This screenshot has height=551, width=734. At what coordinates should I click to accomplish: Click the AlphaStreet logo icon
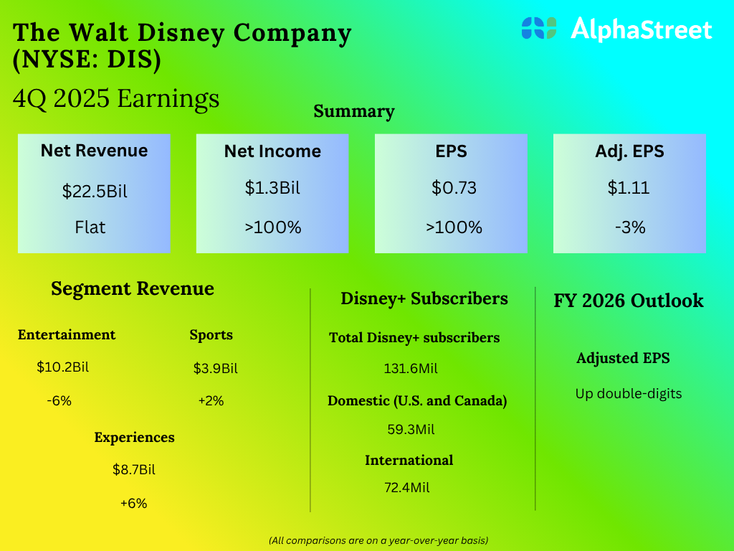click(539, 28)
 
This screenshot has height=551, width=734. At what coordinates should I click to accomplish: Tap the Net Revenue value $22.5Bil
click(94, 192)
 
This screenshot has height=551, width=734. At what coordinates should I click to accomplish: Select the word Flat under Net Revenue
click(90, 227)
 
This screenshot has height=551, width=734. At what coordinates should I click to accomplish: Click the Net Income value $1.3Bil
click(272, 188)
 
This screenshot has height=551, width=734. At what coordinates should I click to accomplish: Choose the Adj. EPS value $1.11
click(629, 188)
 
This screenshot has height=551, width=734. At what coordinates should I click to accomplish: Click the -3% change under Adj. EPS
click(629, 227)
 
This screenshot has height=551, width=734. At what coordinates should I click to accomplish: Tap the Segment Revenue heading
click(133, 288)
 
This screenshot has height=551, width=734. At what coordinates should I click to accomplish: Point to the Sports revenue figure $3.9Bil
click(215, 369)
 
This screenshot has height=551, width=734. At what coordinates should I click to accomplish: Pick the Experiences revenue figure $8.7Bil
click(134, 470)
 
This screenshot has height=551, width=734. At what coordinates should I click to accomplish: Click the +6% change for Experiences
click(133, 504)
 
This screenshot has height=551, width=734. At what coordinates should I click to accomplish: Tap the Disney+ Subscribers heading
click(424, 298)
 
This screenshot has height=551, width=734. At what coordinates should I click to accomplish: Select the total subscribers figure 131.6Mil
click(411, 369)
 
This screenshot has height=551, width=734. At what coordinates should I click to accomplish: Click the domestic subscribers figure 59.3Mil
click(411, 430)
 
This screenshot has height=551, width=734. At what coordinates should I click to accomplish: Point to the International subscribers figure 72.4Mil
click(407, 488)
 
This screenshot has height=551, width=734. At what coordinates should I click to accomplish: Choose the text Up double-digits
click(629, 393)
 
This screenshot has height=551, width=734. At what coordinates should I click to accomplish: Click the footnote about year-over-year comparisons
click(378, 540)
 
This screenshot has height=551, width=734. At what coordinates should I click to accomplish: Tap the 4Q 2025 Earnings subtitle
click(116, 98)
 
